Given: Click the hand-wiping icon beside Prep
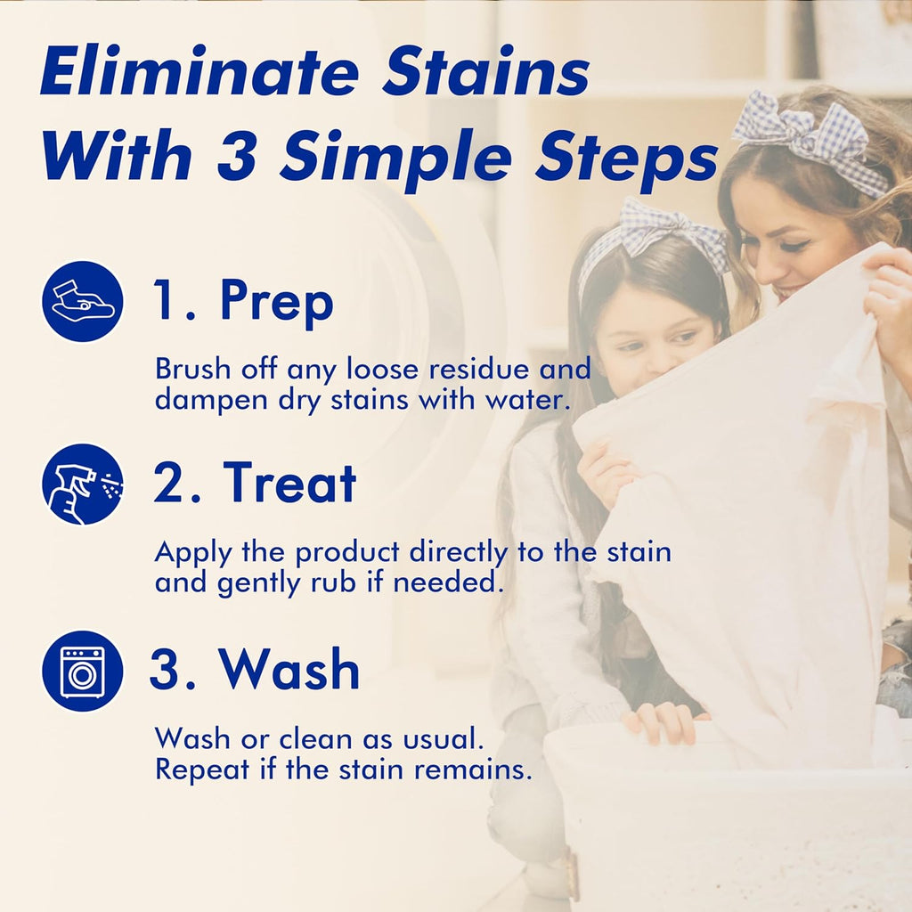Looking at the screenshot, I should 82,301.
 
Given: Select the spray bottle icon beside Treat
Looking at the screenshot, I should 82,484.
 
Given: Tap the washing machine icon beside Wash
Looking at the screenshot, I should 82,671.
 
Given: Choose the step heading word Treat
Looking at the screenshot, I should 289,484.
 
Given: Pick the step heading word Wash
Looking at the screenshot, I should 289,670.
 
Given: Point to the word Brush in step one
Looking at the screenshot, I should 191,368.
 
